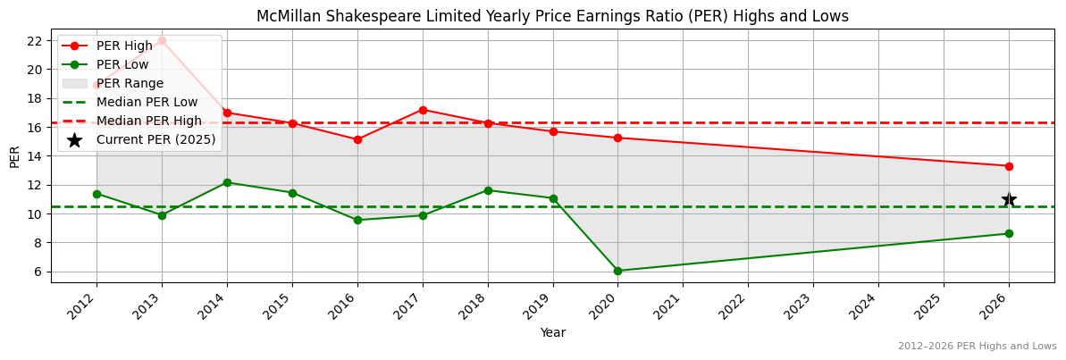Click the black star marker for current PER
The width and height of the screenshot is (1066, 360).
[x=1009, y=199]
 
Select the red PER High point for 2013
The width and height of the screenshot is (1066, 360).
[x=162, y=40]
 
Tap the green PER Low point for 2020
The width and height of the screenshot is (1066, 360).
[x=617, y=271]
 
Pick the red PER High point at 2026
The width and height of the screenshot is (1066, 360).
[x=1009, y=166]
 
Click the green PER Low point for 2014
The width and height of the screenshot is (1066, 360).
[x=227, y=182]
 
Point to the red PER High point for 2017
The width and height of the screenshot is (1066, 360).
[x=423, y=110]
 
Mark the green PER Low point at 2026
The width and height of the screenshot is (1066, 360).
[x=1009, y=233]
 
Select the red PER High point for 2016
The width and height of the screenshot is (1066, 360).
[x=357, y=139]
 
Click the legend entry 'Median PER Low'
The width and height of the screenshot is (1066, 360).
[x=147, y=102]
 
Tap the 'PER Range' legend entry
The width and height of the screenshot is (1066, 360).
[x=130, y=83]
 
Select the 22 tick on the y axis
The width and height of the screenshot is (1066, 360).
[x=36, y=41]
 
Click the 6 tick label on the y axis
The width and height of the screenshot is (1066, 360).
[x=39, y=272]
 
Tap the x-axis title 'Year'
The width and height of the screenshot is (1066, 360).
[x=552, y=333]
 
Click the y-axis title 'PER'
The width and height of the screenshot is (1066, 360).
[x=14, y=155]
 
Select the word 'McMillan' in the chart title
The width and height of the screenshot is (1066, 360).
[x=286, y=16]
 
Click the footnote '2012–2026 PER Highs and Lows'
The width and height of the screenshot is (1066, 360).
[x=977, y=347]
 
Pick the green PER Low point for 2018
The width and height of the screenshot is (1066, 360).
[x=488, y=190]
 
